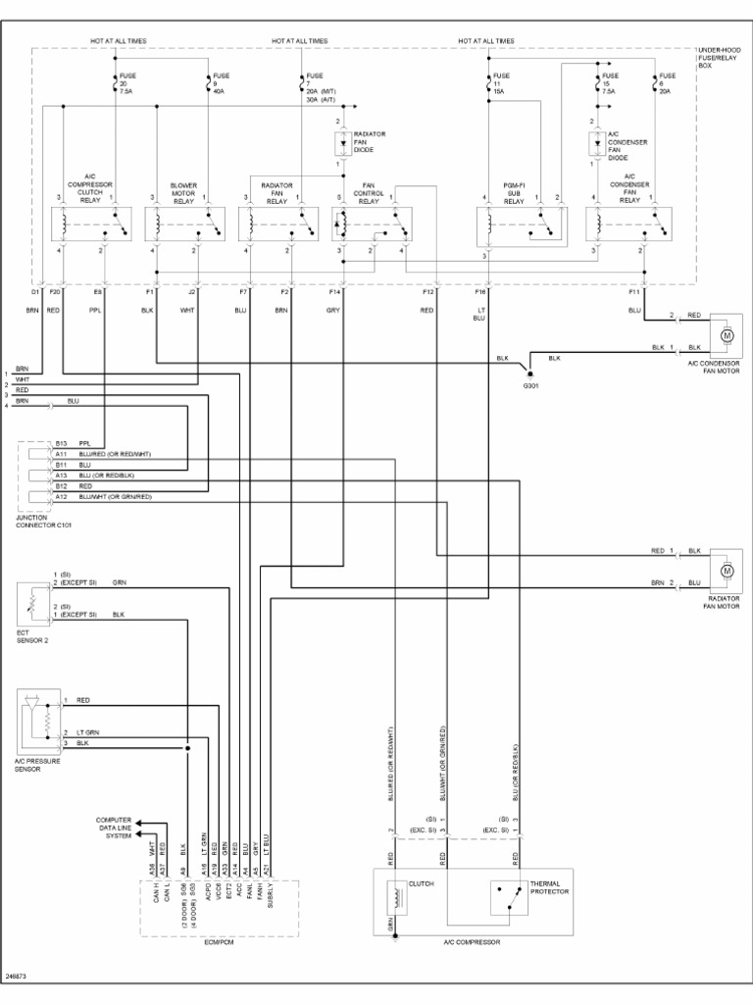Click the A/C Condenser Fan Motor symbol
tap(727, 335)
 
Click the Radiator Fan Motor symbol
tap(727, 570)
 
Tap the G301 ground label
tap(530, 385)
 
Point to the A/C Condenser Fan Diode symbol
tap(595, 144)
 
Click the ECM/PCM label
tap(220, 942)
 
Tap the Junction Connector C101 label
tap(44, 521)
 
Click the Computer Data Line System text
tap(113, 828)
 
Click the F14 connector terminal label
tap(335, 292)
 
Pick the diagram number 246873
tap(16, 978)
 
